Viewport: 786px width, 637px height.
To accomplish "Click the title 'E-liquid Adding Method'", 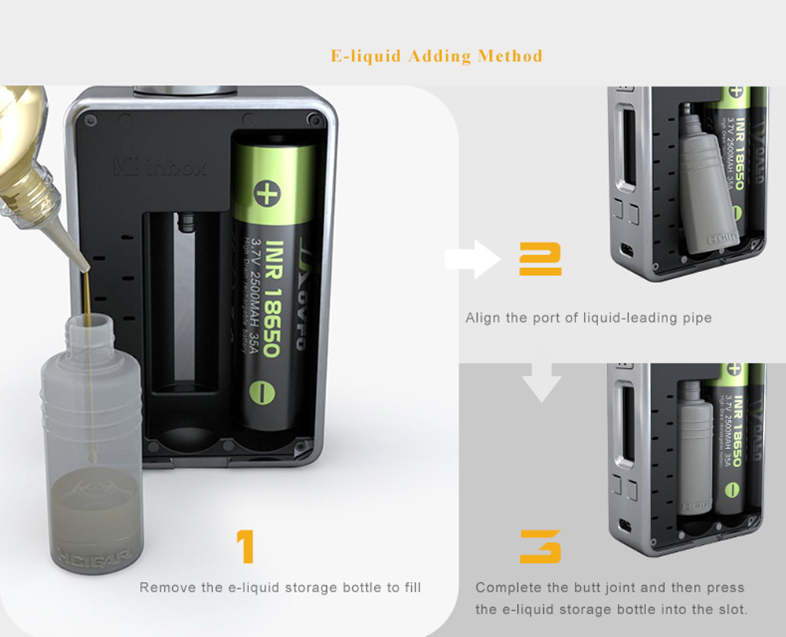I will pyautogui.click(x=436, y=57).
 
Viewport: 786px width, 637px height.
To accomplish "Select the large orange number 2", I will pyautogui.click(x=540, y=260).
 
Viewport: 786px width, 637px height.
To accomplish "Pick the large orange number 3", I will pyautogui.click(x=540, y=547).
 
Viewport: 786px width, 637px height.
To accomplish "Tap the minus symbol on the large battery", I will pyautogui.click(x=260, y=391).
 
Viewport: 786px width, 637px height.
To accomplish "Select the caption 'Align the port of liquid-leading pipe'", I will pyautogui.click(x=588, y=318).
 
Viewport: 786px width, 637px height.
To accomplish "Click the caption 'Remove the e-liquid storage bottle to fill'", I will pyautogui.click(x=280, y=587).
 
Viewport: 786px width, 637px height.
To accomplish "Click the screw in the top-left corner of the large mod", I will pyautogui.click(x=90, y=120).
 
